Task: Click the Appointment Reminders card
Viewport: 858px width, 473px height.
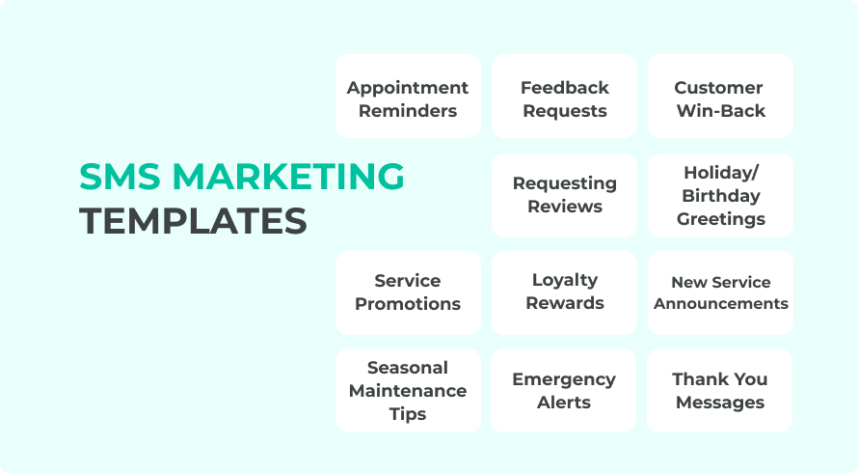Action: [x=408, y=97]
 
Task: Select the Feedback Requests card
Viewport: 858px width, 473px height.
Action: [x=564, y=97]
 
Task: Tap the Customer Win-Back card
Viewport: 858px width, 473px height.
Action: [x=720, y=97]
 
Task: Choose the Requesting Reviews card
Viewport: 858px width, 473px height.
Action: [x=564, y=195]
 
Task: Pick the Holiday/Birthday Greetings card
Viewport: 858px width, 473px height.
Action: [x=720, y=195]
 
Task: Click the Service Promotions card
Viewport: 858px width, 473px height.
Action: [x=408, y=292]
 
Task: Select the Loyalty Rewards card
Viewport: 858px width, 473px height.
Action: [x=564, y=292]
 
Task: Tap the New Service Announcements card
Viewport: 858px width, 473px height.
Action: [x=720, y=292]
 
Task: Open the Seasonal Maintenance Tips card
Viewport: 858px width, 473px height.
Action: [x=408, y=390]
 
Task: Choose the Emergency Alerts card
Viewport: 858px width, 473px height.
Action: [x=564, y=390]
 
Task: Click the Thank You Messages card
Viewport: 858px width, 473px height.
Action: [x=720, y=390]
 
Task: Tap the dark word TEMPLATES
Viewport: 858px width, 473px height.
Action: [x=193, y=221]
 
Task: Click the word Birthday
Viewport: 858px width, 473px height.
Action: [x=721, y=196]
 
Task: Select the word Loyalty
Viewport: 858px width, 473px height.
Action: [x=565, y=280]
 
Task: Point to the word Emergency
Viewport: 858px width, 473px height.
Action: [x=564, y=379]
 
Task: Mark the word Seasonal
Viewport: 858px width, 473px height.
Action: [x=408, y=368]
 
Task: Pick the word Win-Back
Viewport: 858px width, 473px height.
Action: [x=721, y=111]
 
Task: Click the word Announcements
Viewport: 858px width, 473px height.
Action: [x=721, y=303]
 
